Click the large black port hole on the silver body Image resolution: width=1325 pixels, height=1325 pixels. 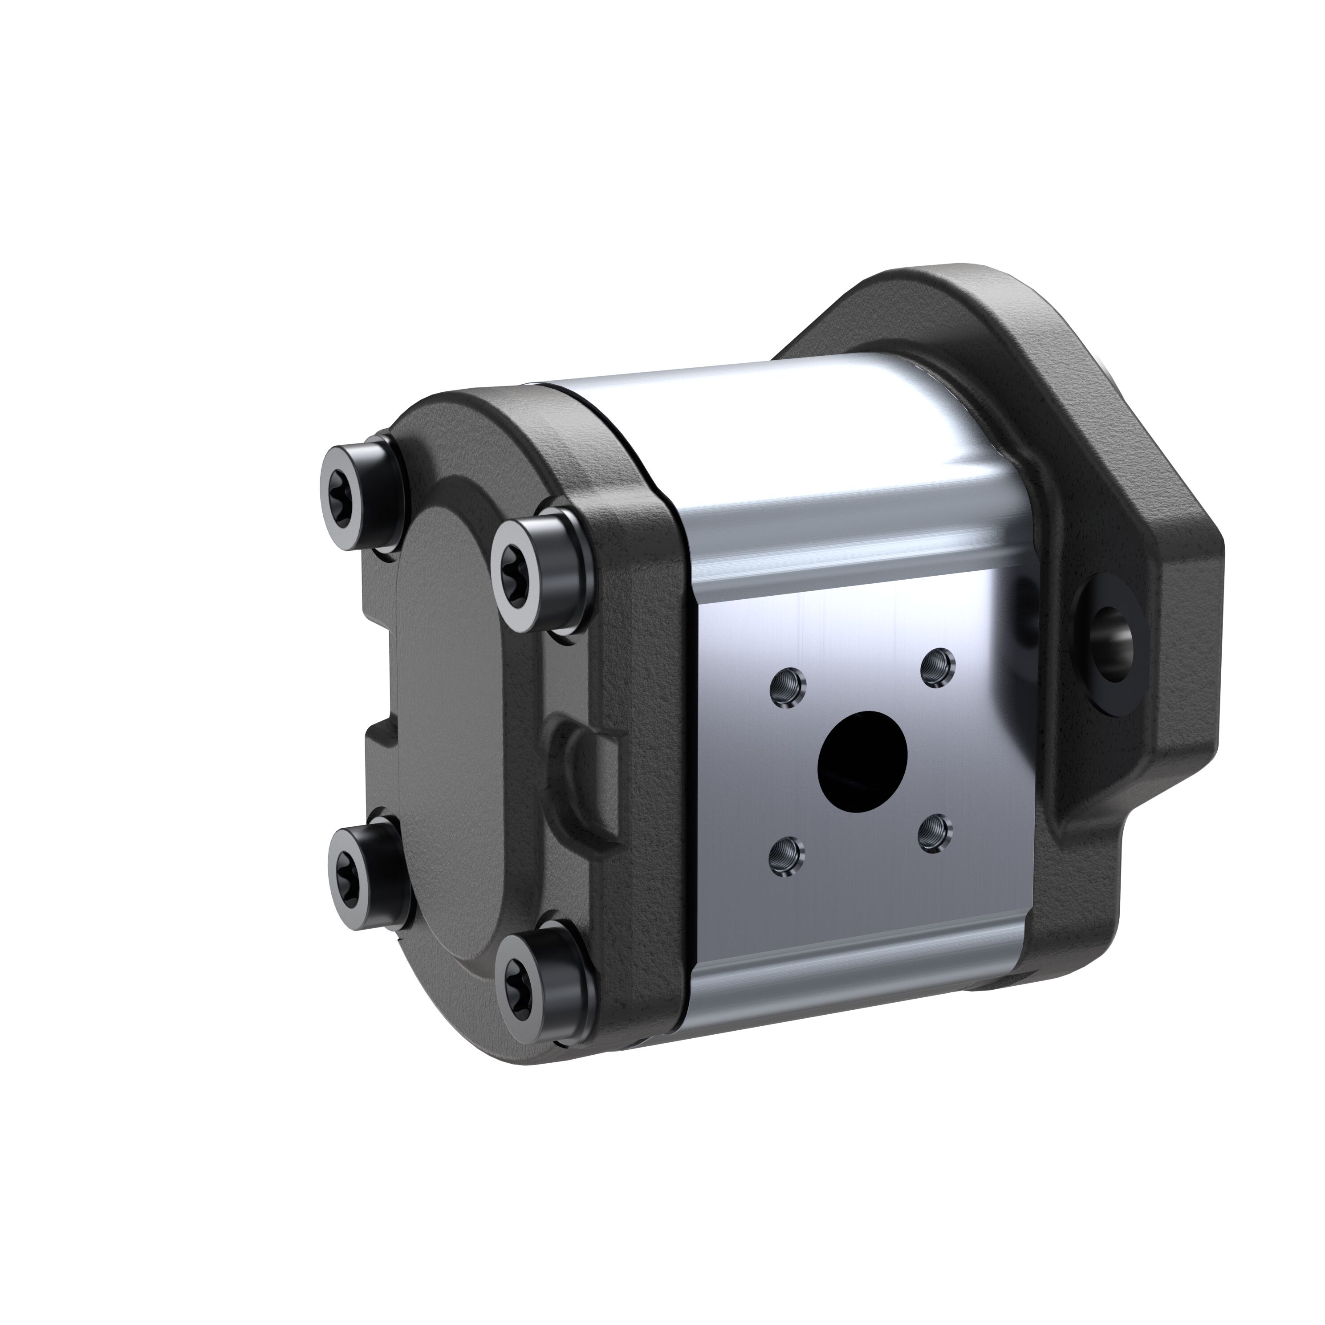tap(863, 759)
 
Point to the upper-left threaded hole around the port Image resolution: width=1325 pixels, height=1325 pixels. tap(787, 687)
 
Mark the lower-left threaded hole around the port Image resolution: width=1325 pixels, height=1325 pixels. tap(786, 855)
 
